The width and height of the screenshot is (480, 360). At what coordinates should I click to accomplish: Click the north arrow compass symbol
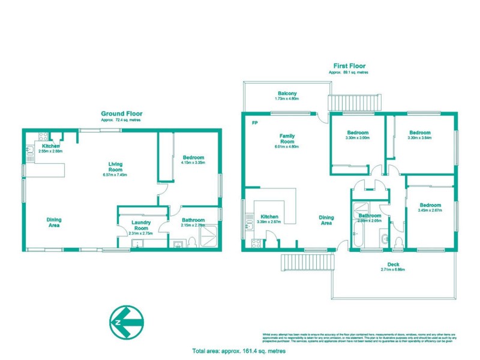pos(127,322)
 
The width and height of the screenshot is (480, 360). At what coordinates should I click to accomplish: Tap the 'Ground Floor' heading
pos(121,113)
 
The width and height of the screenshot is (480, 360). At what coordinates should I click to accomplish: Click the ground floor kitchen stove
pos(43,136)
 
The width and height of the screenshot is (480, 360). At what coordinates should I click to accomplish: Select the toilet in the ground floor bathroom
pos(192,242)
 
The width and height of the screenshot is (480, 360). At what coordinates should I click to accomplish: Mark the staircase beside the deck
pos(307,262)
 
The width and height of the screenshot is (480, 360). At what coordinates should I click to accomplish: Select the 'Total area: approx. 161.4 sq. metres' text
pos(238,350)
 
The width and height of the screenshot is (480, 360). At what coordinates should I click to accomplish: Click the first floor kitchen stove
pos(255,243)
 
